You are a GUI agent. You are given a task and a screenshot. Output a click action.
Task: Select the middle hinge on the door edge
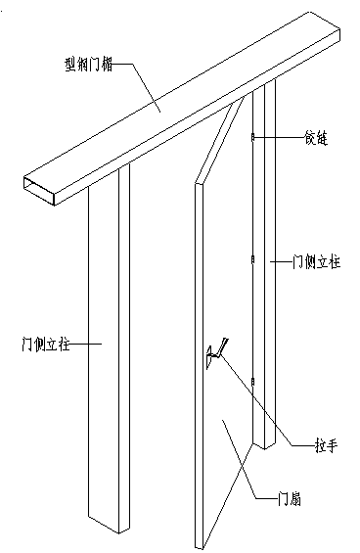pos(252,261)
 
